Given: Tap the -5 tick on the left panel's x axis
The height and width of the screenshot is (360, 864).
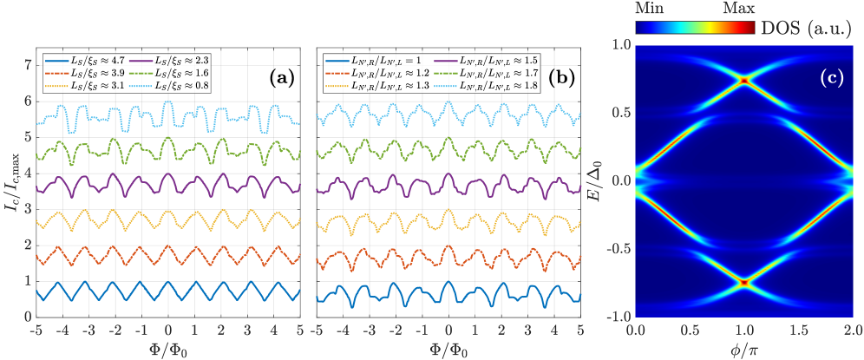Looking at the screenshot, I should pyautogui.click(x=36, y=331).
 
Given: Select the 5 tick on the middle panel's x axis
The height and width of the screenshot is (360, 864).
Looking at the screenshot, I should pyautogui.click(x=579, y=331).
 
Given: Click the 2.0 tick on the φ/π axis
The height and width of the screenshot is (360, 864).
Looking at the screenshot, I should pyautogui.click(x=853, y=331).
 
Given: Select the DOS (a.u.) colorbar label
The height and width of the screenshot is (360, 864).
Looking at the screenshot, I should pyautogui.click(x=813, y=28).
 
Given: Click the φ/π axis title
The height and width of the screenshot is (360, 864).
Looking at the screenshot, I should pyautogui.click(x=744, y=348).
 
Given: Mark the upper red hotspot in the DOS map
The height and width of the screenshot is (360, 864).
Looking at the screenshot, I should pyautogui.click(x=744, y=80).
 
